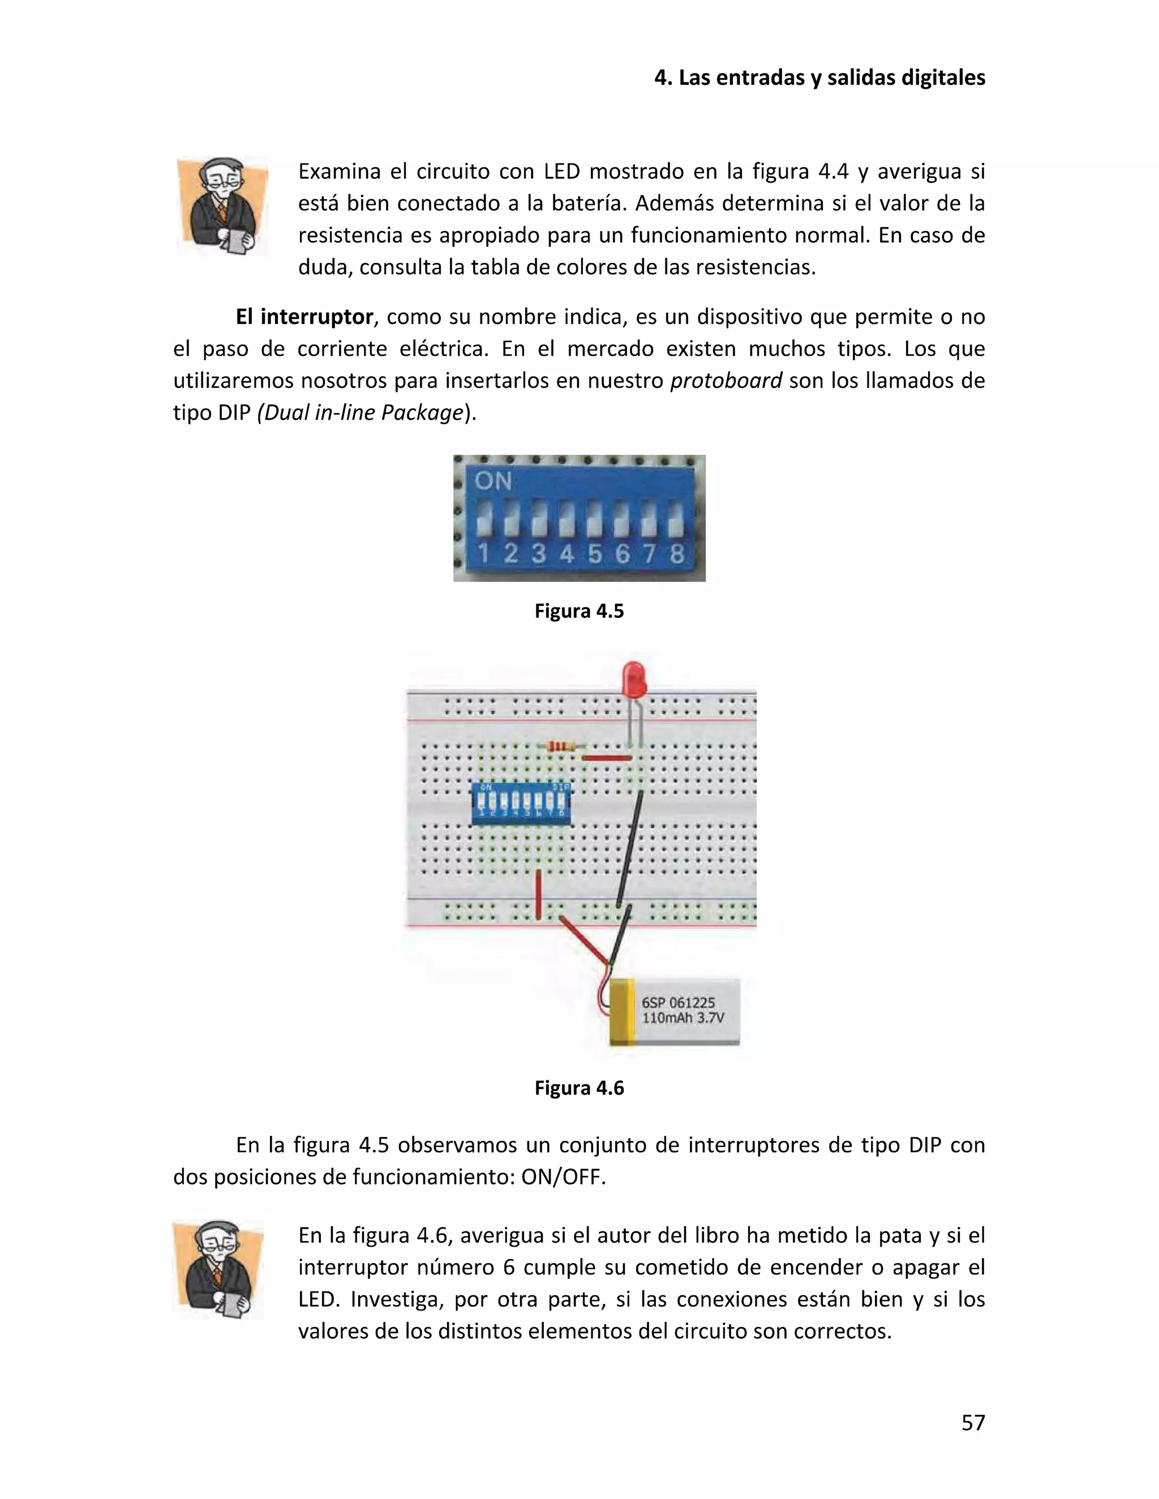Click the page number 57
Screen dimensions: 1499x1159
972,1423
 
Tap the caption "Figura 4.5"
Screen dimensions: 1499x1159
579,611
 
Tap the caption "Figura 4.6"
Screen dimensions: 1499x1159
579,1088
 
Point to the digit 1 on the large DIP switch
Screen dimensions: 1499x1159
483,553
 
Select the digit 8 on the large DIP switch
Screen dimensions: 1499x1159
677,553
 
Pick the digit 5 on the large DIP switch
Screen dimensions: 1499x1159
594,553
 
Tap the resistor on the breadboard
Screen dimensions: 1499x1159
563,747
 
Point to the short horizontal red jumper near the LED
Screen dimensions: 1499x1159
606,759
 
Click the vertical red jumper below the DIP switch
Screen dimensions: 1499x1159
538,894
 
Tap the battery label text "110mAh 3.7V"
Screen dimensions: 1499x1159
682,1018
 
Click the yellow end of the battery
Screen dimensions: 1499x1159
621,1013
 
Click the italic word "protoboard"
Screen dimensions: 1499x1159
726,380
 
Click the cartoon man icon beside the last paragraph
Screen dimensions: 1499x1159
218,1269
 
